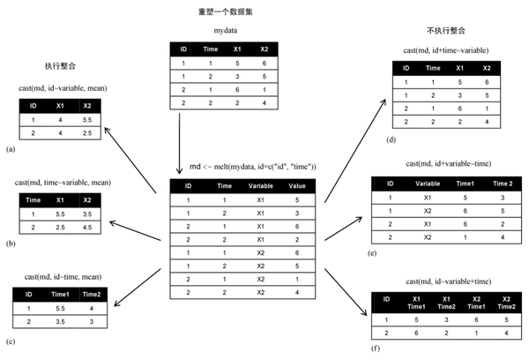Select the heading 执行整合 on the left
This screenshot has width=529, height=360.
60,66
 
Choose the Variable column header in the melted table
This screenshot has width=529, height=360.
260,186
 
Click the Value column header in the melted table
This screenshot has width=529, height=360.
296,186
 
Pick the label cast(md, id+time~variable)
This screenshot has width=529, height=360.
446,50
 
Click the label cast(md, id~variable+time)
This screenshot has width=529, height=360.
446,280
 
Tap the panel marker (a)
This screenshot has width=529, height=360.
11,149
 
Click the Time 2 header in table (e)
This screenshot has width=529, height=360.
500,184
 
